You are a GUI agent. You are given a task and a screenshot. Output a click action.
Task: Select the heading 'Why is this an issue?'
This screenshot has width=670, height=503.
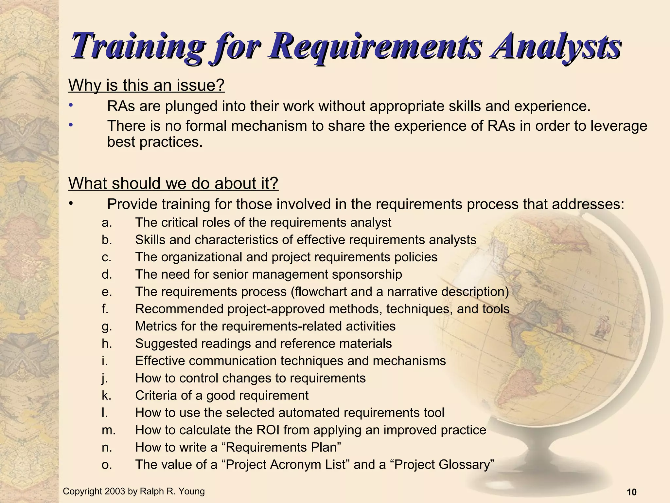click(147, 85)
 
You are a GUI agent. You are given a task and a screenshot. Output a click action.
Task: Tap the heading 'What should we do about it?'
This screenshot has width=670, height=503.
click(173, 183)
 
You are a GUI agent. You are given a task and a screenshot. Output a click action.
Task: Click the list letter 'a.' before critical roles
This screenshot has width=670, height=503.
click(107, 223)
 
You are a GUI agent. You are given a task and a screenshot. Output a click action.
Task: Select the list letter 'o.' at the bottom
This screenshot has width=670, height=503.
click(107, 465)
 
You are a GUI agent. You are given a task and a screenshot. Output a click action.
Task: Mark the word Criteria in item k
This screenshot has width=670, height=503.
click(156, 396)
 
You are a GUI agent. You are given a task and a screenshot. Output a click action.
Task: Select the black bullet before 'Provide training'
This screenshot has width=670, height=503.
click(70, 203)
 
